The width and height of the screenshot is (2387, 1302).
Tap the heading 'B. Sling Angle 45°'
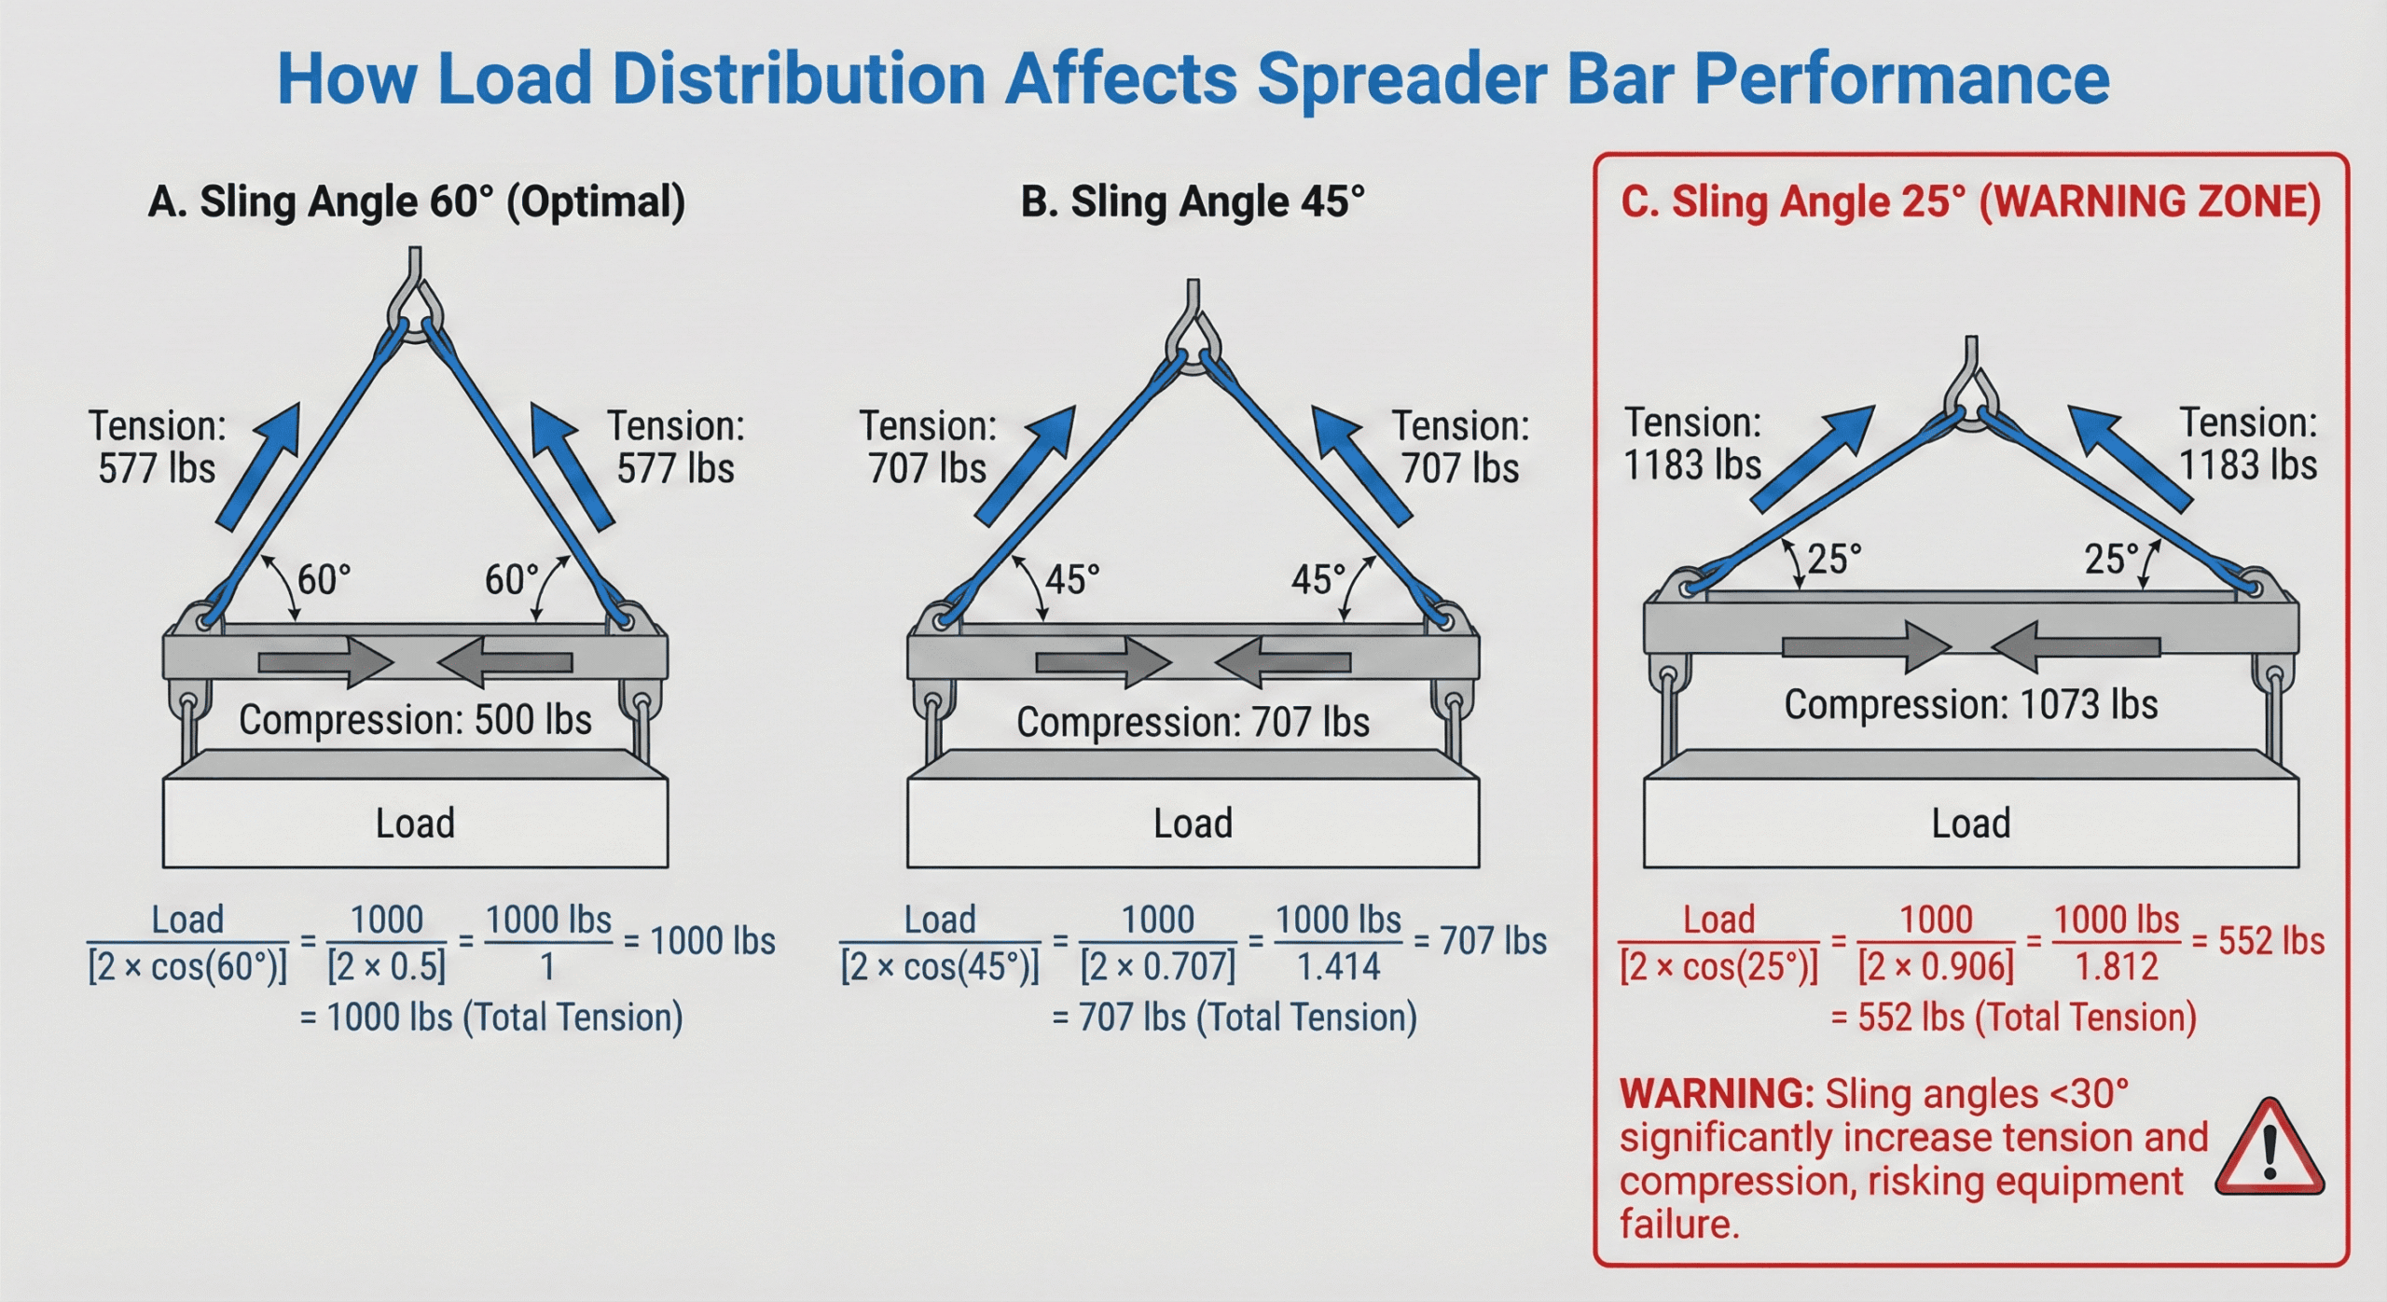[1193, 202]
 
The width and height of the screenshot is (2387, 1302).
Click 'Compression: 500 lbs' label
[415, 720]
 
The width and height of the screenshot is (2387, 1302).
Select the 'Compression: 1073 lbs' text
[1970, 705]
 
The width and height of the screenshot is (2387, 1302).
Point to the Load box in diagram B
[1193, 824]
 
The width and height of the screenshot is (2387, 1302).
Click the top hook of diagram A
[416, 298]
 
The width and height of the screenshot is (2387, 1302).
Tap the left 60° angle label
[324, 580]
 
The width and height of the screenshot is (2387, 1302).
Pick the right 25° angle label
[2111, 560]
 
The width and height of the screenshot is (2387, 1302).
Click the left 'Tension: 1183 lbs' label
[1692, 444]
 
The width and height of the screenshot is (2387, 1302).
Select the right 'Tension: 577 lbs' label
[676, 448]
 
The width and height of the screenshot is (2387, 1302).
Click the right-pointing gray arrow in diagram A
[325, 663]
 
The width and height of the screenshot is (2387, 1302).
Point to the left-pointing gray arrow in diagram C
[2075, 647]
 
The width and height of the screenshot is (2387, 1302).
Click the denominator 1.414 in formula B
[1338, 967]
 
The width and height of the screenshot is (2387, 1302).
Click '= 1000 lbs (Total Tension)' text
[491, 1018]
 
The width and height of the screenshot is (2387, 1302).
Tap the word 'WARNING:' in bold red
[1716, 1094]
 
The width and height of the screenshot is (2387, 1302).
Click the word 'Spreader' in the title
[1401, 79]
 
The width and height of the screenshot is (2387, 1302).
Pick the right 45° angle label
[1318, 580]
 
